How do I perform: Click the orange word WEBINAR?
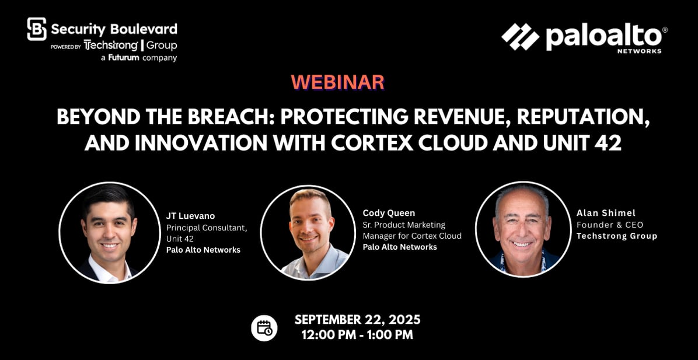pos(337,82)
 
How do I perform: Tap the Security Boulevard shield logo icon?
pos(37,29)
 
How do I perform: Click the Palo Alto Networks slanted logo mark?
pos(520,37)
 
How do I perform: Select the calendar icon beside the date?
pos(264,328)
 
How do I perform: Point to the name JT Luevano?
pos(190,216)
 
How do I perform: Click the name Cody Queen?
pos(389,213)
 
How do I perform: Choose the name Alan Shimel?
pos(606,213)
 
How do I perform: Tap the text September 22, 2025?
pos(357,320)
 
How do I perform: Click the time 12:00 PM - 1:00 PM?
pos(357,335)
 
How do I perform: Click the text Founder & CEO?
pos(610,225)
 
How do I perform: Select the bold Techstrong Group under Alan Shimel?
pos(616,236)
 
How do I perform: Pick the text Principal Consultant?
pos(207,228)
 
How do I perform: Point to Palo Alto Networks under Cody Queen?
pos(400,247)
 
